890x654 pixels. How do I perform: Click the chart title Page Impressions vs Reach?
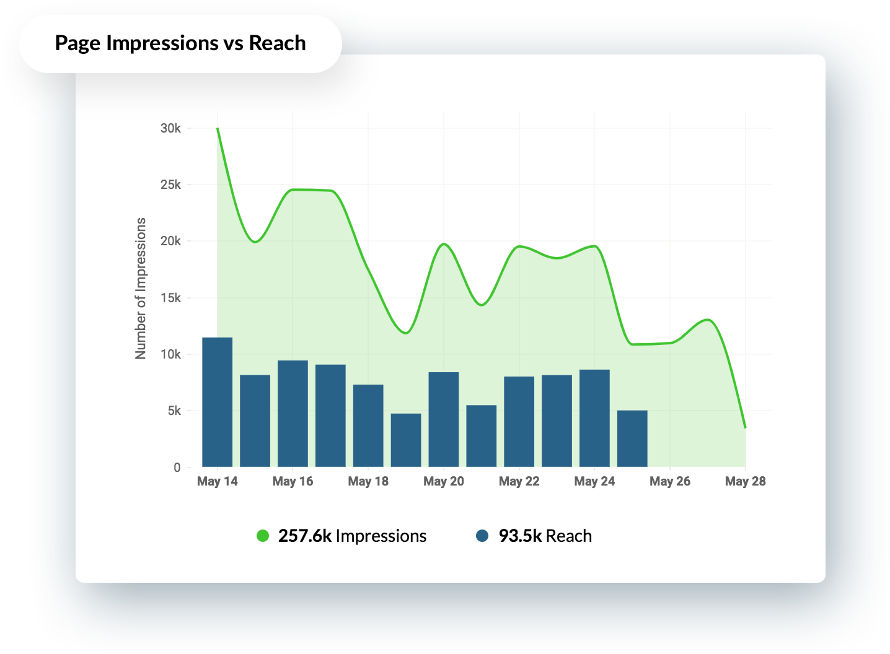pyautogui.click(x=180, y=43)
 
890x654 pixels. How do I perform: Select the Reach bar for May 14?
pyautogui.click(x=218, y=402)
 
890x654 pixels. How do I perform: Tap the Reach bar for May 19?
pyautogui.click(x=406, y=440)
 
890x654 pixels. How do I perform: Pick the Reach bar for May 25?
pyautogui.click(x=632, y=438)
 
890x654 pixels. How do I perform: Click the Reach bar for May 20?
pyautogui.click(x=444, y=419)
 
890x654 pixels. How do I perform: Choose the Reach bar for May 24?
pyautogui.click(x=594, y=418)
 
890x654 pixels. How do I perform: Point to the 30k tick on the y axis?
pyautogui.click(x=170, y=128)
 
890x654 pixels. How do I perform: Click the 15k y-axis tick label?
pyautogui.click(x=170, y=298)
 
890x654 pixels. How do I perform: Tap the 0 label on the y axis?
pyautogui.click(x=177, y=468)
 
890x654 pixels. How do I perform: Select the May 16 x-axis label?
pyautogui.click(x=293, y=481)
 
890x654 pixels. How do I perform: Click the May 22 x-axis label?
pyautogui.click(x=519, y=481)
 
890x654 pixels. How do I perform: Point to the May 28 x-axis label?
pyautogui.click(x=745, y=481)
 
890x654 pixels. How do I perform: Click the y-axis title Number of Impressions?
pyautogui.click(x=141, y=288)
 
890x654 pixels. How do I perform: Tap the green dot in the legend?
pyautogui.click(x=263, y=536)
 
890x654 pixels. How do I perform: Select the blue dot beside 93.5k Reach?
pyautogui.click(x=482, y=536)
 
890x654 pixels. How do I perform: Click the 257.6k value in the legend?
pyautogui.click(x=305, y=536)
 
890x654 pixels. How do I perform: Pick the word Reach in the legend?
pyautogui.click(x=569, y=536)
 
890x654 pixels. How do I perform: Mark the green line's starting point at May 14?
pyautogui.click(x=218, y=128)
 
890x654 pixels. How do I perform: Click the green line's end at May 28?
pyautogui.click(x=745, y=427)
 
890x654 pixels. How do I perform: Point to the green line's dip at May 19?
pyautogui.click(x=406, y=333)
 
